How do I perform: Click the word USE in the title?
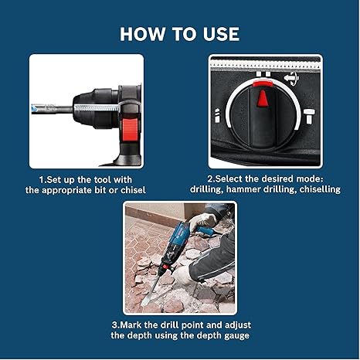coord(221,34)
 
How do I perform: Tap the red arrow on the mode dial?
coord(263,98)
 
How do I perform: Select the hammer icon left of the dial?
coord(217,115)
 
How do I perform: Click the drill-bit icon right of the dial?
coord(309,117)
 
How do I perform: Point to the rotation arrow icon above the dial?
coord(291,78)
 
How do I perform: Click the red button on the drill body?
coord(129,130)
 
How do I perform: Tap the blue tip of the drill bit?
coord(34,109)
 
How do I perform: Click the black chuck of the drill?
coord(95,108)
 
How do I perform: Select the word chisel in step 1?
coord(133,190)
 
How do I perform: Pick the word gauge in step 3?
coord(236,336)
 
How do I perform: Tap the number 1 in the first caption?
coord(41,180)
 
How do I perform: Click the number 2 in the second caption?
coord(209,179)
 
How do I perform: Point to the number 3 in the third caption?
coord(114,325)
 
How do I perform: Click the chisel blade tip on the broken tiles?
coord(144,303)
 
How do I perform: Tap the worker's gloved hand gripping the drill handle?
coord(202,221)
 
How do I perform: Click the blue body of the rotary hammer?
coord(178,238)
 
